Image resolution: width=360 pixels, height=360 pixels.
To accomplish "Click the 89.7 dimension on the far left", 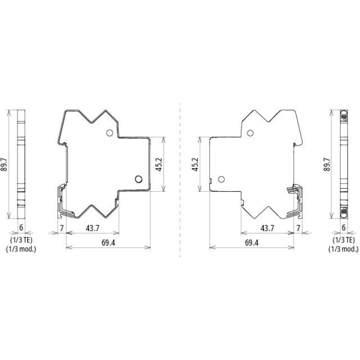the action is [x=4, y=164].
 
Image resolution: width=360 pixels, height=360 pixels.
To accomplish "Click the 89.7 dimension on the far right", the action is [x=327, y=164].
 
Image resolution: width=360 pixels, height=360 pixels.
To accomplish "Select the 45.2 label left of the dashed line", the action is [x=159, y=164].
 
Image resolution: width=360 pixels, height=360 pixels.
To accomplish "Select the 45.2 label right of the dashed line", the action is [x=195, y=164].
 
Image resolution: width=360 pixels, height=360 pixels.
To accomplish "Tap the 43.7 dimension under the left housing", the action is [x=92, y=228].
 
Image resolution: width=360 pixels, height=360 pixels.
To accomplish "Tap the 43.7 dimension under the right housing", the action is [x=268, y=228].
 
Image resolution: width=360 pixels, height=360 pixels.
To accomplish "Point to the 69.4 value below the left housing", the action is [x=109, y=242].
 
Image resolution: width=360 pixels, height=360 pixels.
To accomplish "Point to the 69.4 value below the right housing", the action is [x=251, y=242].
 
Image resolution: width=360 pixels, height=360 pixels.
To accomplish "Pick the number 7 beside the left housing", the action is [x=61, y=228].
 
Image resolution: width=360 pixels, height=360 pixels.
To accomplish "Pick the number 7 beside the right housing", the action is [x=298, y=228].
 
